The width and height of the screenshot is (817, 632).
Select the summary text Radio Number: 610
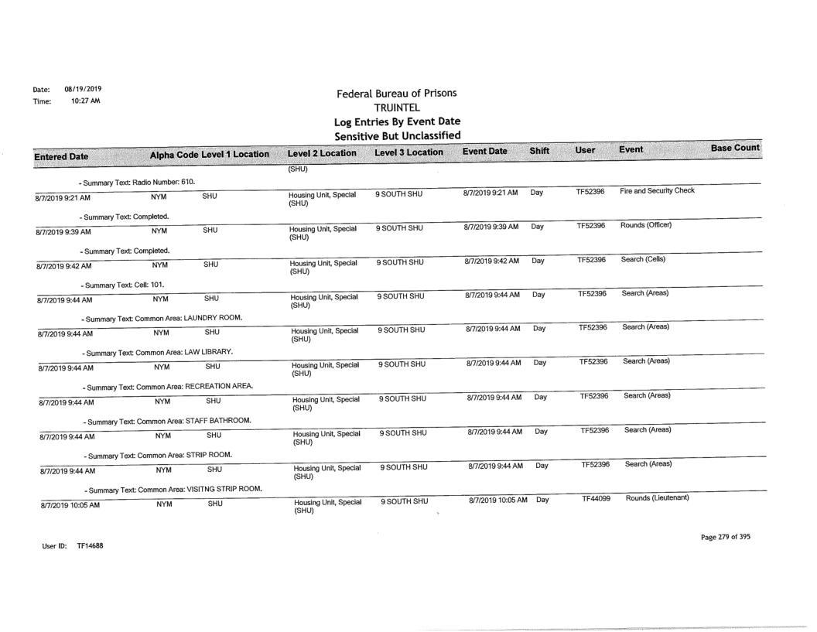(x=138, y=182)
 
